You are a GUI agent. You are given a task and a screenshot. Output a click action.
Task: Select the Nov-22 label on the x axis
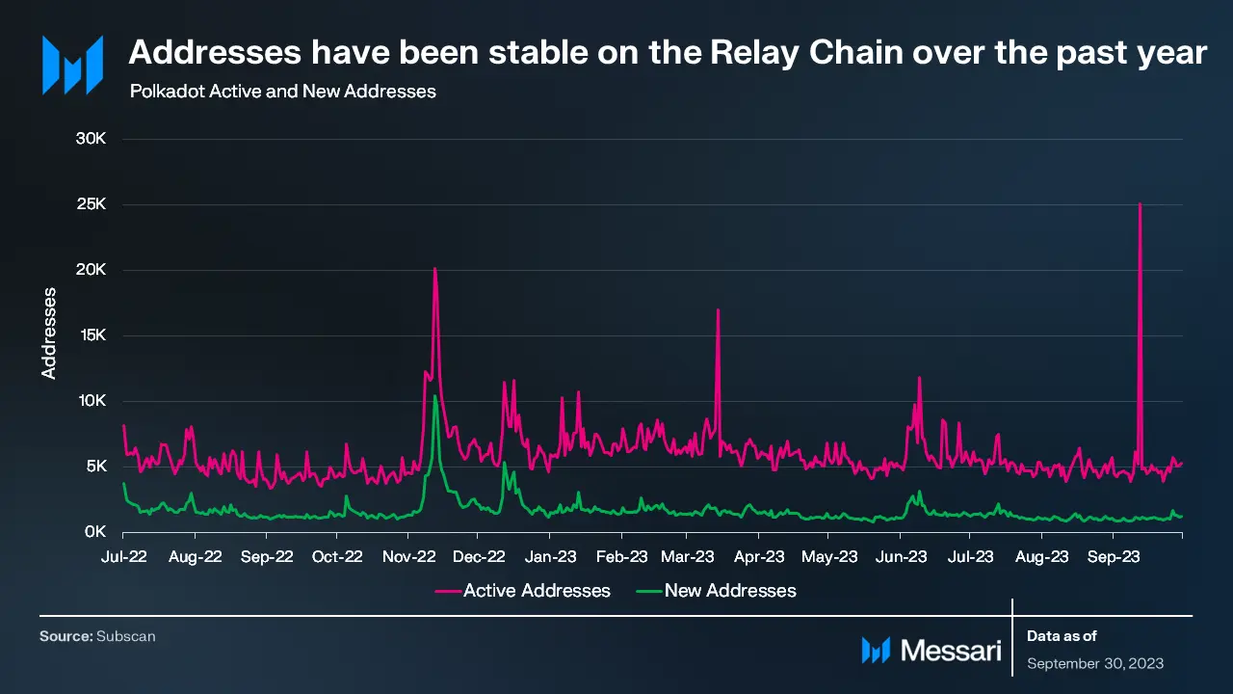pos(408,556)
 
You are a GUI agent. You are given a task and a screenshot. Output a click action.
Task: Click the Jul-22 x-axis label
pos(124,556)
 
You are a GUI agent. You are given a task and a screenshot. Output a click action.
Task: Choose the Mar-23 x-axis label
pos(689,556)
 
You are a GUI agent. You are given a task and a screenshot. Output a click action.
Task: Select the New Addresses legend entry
pos(730,590)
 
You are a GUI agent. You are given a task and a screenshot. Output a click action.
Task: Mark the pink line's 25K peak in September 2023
pos(1140,204)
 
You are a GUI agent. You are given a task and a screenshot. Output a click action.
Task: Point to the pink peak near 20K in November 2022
pos(435,269)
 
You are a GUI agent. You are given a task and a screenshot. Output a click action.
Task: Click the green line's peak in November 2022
pos(435,396)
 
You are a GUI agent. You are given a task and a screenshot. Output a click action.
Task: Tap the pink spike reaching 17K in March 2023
pos(718,310)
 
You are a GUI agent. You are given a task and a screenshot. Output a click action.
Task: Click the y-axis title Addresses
pos(49,332)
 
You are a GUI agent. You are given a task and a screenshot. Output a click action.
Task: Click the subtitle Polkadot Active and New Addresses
pos(282,92)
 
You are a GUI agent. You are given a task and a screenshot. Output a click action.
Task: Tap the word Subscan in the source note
pos(126,636)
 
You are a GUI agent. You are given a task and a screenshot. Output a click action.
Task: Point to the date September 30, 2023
pos(1095,663)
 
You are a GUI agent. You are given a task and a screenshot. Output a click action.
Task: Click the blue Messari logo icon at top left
pos(72,66)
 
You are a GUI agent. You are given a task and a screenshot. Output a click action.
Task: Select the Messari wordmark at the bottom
pos(951,651)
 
